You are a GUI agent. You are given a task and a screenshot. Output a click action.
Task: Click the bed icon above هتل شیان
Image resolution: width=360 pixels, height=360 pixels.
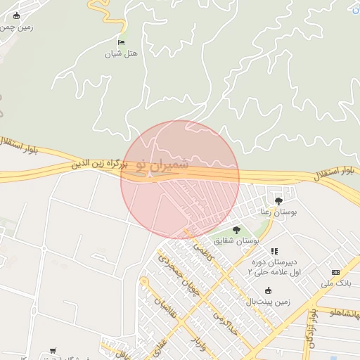pyautogui.click(x=121, y=43)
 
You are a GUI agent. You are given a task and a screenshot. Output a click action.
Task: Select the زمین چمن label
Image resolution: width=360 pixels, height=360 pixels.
pyautogui.click(x=18, y=27)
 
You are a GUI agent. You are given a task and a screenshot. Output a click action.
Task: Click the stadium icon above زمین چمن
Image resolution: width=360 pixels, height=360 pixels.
pyautogui.click(x=17, y=15)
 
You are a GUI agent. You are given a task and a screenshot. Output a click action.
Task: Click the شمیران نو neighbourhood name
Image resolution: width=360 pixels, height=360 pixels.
pyautogui.click(x=163, y=162)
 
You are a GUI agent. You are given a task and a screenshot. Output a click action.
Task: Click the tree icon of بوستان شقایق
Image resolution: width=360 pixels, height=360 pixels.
pyautogui.click(x=236, y=230)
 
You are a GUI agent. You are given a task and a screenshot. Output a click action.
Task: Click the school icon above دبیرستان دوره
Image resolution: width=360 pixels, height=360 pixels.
pyautogui.click(x=274, y=250)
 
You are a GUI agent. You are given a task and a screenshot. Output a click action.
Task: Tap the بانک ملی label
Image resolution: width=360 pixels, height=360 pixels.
pyautogui.click(x=335, y=283)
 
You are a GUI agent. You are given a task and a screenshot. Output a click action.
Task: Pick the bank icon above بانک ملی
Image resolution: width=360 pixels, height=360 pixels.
pyautogui.click(x=335, y=272)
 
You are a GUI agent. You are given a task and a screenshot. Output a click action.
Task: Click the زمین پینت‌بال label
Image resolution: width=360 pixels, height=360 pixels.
pyautogui.click(x=267, y=302)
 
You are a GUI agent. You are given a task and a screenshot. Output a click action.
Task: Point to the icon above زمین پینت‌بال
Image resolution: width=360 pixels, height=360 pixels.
pyautogui.click(x=267, y=290)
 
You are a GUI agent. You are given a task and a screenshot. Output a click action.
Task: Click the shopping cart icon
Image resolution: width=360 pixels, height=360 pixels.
pyautogui.click(x=53, y=350)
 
